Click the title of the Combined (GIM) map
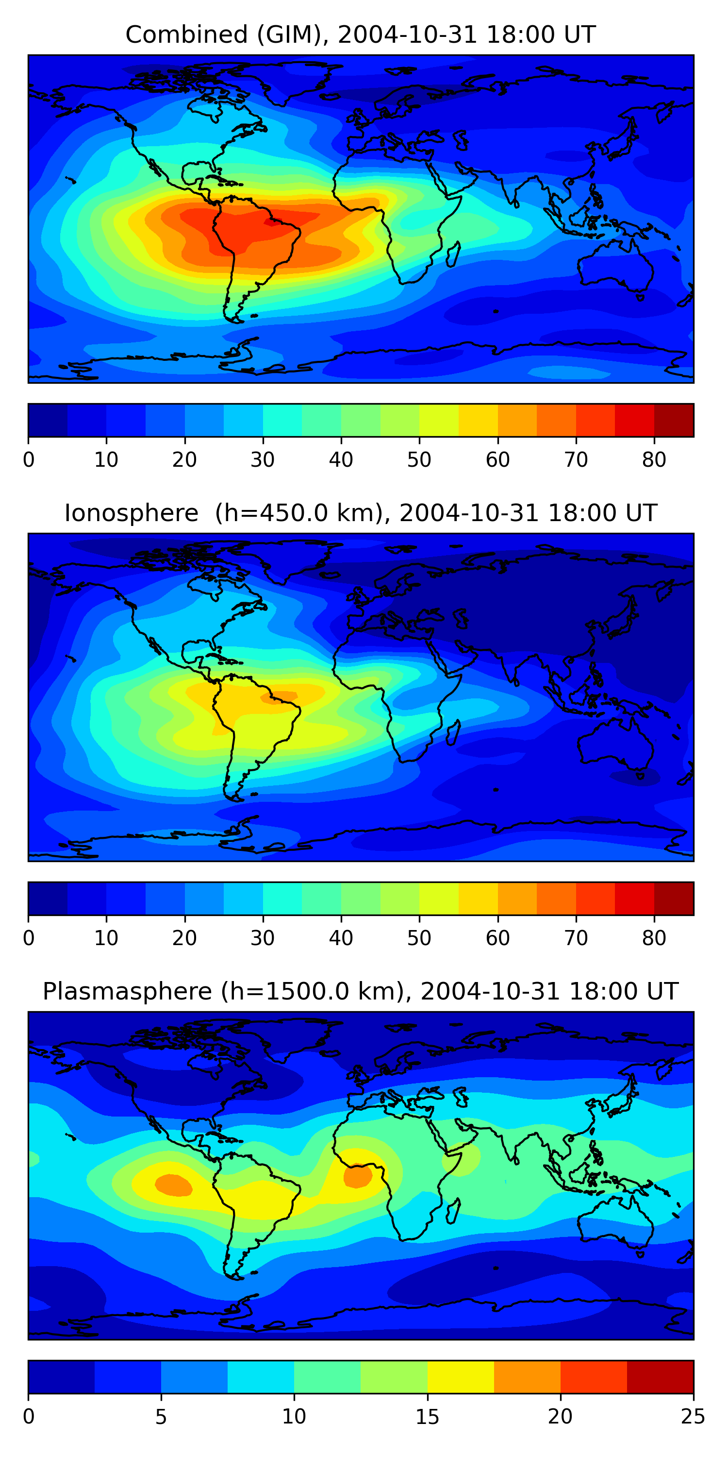[x=360, y=34]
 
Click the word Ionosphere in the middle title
[x=131, y=513]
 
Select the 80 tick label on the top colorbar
[x=654, y=460]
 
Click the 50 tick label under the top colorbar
[x=419, y=460]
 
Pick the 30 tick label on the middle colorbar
[x=263, y=938]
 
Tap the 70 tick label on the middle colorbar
[x=576, y=938]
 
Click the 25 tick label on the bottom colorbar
[x=693, y=1416]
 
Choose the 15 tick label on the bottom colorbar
[x=427, y=1416]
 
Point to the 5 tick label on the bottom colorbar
[x=161, y=1416]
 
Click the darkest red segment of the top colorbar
[x=674, y=420]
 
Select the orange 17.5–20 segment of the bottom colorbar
[x=527, y=1377]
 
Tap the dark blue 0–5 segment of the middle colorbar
[x=48, y=898]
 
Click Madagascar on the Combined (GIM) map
[x=453, y=254]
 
